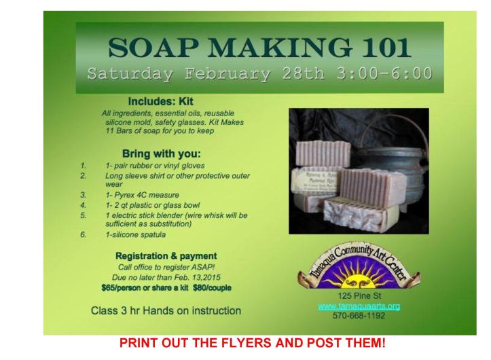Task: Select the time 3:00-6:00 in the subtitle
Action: tap(383, 73)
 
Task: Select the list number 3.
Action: tap(83, 194)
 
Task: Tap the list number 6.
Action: tap(83, 234)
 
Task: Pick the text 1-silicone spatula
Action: tap(136, 234)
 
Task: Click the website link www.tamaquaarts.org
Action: tap(359, 306)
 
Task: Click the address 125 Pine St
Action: tap(358, 297)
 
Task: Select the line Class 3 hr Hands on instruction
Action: tap(166, 311)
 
